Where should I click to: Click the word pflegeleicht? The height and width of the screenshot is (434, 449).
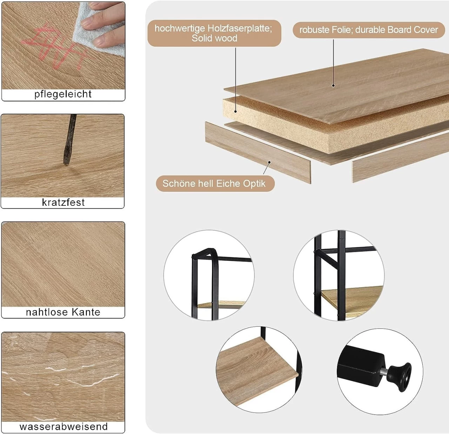(63, 94)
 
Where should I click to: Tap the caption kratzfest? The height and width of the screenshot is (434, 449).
(63, 202)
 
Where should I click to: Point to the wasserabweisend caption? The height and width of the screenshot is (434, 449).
(64, 426)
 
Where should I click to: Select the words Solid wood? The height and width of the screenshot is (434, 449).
(214, 38)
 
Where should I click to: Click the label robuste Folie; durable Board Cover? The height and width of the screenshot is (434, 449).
(369, 30)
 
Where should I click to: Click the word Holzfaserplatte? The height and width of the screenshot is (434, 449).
(240, 28)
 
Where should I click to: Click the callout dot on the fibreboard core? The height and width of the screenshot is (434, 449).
(236, 111)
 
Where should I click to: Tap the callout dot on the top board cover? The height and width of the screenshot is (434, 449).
(333, 86)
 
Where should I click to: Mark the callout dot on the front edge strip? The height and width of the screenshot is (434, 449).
(269, 162)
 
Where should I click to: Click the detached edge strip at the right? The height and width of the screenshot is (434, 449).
(400, 158)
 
